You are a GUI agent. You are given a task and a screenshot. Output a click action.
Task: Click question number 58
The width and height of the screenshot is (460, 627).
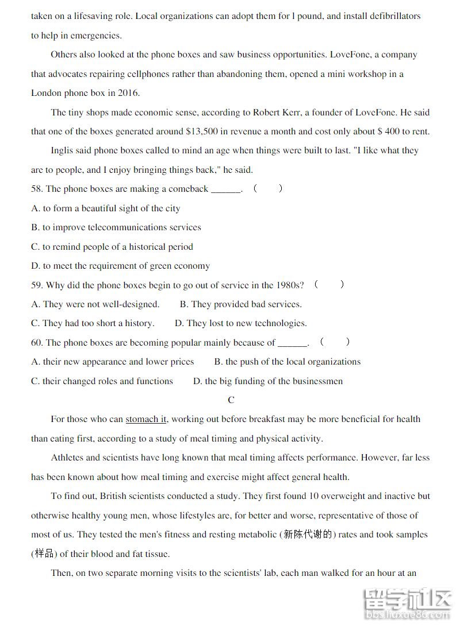tap(37, 189)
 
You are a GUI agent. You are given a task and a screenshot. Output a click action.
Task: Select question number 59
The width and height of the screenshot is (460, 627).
tap(37, 285)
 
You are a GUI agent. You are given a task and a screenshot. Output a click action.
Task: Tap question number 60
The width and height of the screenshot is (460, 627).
tap(37, 343)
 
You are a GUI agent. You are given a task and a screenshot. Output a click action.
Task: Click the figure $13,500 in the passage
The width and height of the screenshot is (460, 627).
tap(202, 131)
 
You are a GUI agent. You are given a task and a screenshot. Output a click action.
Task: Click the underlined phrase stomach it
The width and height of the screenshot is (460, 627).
tap(146, 419)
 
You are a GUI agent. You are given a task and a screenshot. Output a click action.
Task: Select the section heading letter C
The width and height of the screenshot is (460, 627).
tap(231, 400)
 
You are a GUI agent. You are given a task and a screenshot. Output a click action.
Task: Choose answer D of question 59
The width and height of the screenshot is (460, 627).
tap(241, 323)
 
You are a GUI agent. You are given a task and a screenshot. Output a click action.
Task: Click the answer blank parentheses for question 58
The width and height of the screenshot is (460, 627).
tap(268, 188)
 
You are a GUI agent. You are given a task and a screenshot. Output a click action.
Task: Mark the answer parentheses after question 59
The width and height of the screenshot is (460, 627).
tap(329, 284)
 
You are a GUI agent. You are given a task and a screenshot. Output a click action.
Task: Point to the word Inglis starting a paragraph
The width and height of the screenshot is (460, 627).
tap(62, 150)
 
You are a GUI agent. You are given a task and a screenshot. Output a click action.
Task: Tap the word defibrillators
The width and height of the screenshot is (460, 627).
tap(386, 16)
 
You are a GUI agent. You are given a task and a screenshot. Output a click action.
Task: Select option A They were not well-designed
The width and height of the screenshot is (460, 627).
tap(95, 304)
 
